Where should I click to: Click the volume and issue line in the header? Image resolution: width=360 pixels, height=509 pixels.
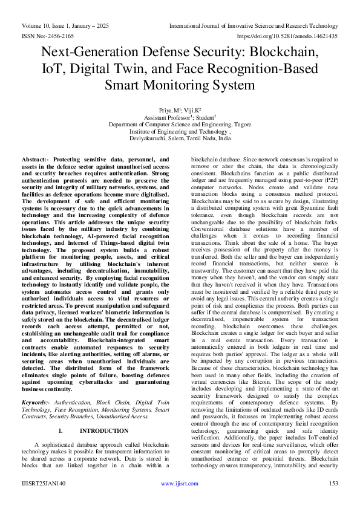click(70, 25)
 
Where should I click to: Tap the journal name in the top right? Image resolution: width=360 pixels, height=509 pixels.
click(254, 25)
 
